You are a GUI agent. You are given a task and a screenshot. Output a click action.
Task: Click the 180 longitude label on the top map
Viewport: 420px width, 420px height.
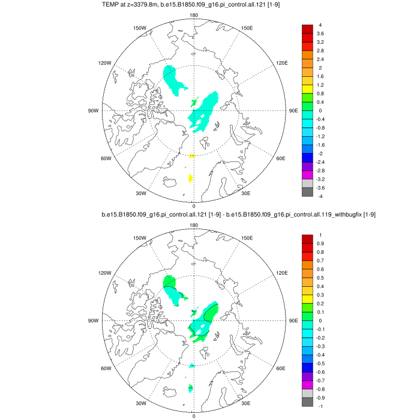(x=193, y=16)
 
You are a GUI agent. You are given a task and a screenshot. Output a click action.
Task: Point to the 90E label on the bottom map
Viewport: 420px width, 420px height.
(x=293, y=320)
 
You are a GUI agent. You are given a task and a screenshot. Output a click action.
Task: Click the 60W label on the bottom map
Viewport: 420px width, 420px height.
(x=106, y=368)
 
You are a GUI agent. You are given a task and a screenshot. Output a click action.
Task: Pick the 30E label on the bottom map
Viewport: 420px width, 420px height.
(x=245, y=403)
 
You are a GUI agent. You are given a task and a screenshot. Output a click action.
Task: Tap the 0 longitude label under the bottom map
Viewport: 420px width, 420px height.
(x=193, y=415)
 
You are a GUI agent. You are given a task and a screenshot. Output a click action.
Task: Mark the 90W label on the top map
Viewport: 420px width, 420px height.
(x=93, y=110)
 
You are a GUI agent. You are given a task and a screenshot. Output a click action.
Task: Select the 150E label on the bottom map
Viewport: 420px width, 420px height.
(x=246, y=238)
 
